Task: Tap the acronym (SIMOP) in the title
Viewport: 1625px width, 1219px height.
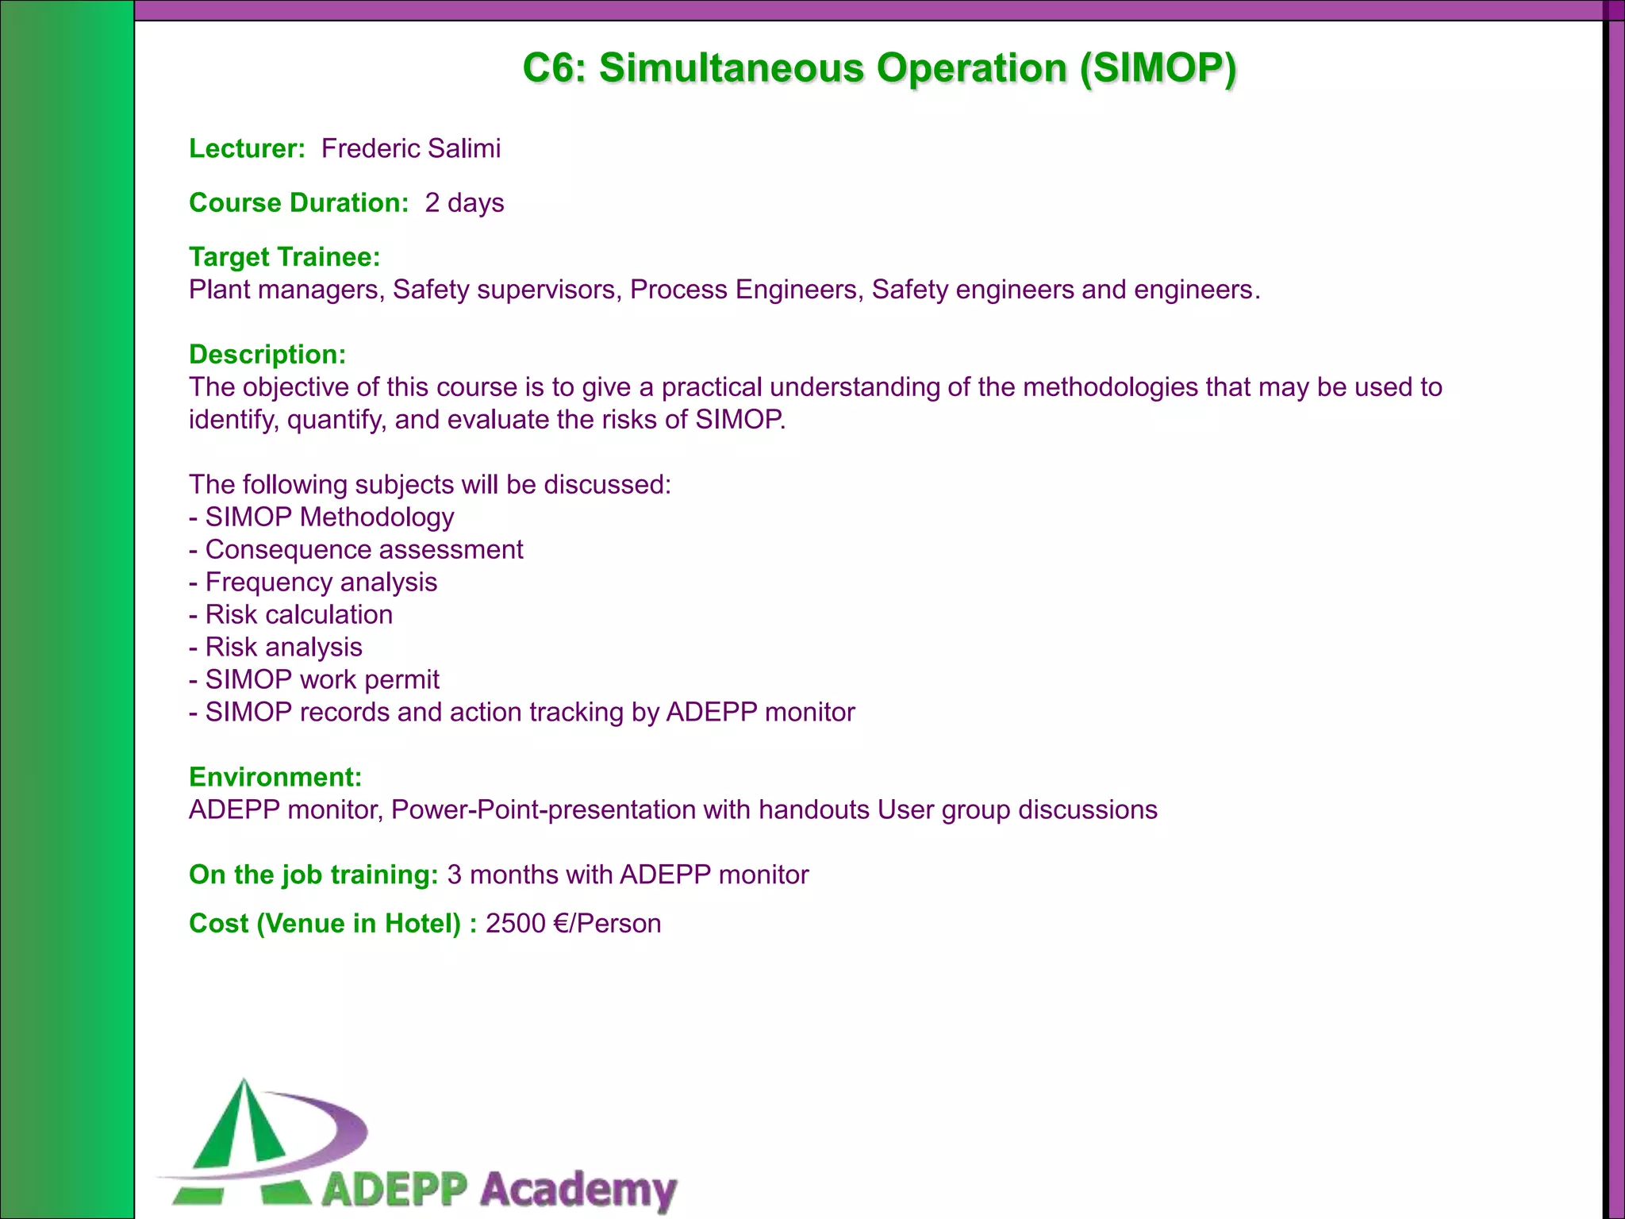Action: click(x=1158, y=68)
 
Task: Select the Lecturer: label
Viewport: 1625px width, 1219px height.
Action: click(x=247, y=148)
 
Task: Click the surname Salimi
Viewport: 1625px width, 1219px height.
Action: click(x=464, y=148)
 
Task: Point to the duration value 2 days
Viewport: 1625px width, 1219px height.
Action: click(x=464, y=202)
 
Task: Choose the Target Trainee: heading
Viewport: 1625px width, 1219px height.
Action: click(x=284, y=256)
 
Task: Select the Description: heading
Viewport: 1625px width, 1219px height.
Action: click(x=267, y=354)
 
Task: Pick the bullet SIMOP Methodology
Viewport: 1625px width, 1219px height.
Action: click(x=329, y=517)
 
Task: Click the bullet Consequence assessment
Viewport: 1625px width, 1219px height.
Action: click(x=364, y=549)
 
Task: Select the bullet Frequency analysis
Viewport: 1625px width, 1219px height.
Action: click(x=321, y=582)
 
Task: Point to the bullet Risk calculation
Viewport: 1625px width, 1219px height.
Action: click(x=299, y=614)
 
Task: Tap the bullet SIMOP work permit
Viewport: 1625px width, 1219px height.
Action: click(x=322, y=679)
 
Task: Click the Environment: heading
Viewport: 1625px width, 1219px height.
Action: click(x=275, y=776)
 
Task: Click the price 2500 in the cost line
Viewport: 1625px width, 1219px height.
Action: click(x=515, y=924)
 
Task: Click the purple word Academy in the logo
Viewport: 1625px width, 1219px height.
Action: click(x=578, y=1190)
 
